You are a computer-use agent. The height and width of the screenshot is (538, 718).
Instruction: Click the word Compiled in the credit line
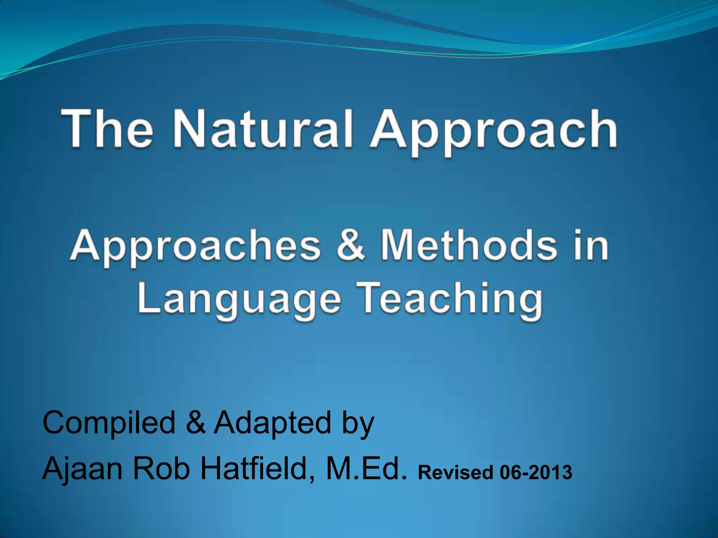[x=109, y=423]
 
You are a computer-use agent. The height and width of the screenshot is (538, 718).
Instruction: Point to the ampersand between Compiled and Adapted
[x=196, y=422]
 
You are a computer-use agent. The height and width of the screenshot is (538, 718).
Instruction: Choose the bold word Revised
[x=456, y=472]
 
